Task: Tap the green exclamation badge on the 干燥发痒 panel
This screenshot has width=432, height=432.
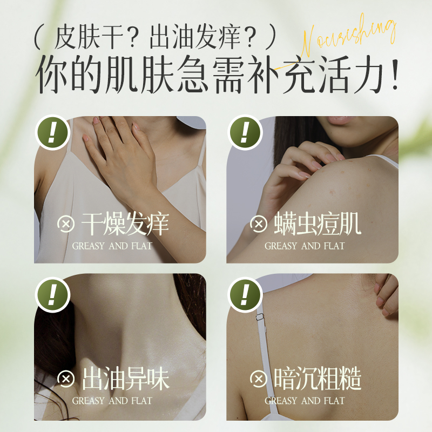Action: click(x=52, y=132)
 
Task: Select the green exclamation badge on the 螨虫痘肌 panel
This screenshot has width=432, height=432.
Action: click(x=245, y=132)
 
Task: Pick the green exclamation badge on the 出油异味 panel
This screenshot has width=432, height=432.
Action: click(x=52, y=294)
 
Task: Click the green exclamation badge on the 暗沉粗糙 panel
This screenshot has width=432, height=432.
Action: click(x=245, y=294)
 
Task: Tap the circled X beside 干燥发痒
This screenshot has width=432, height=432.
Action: click(x=66, y=224)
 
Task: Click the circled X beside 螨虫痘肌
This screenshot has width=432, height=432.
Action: click(x=259, y=224)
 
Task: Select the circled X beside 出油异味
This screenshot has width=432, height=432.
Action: click(x=66, y=379)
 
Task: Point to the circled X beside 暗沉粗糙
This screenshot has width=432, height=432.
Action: click(x=259, y=379)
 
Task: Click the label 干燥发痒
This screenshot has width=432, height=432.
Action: click(x=125, y=224)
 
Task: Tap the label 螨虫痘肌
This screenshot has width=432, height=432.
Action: click(x=317, y=224)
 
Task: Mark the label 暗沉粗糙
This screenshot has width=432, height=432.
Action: click(x=317, y=379)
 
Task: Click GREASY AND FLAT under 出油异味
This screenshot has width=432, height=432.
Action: click(x=112, y=401)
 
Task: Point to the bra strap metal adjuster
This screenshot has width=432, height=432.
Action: click(x=259, y=317)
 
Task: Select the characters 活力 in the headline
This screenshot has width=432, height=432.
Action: click(x=352, y=74)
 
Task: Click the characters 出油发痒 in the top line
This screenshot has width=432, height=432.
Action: click(x=195, y=37)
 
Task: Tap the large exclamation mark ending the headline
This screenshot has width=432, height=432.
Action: click(x=395, y=75)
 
